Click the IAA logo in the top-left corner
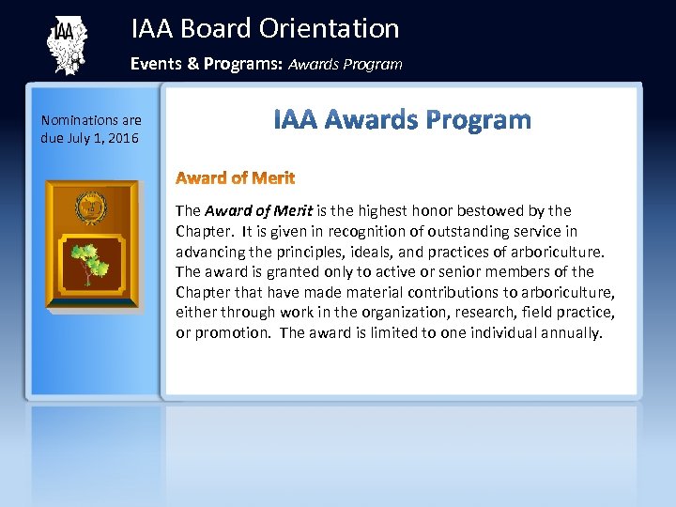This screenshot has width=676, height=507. pos(65,44)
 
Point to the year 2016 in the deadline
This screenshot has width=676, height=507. pos(123,138)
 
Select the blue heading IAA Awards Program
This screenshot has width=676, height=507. pos(402,121)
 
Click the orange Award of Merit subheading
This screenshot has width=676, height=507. pos(235,177)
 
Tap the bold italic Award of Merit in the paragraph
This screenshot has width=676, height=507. pos(258,211)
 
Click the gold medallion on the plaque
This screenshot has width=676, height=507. pos(92,205)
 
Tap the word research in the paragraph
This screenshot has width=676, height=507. pos(464,312)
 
